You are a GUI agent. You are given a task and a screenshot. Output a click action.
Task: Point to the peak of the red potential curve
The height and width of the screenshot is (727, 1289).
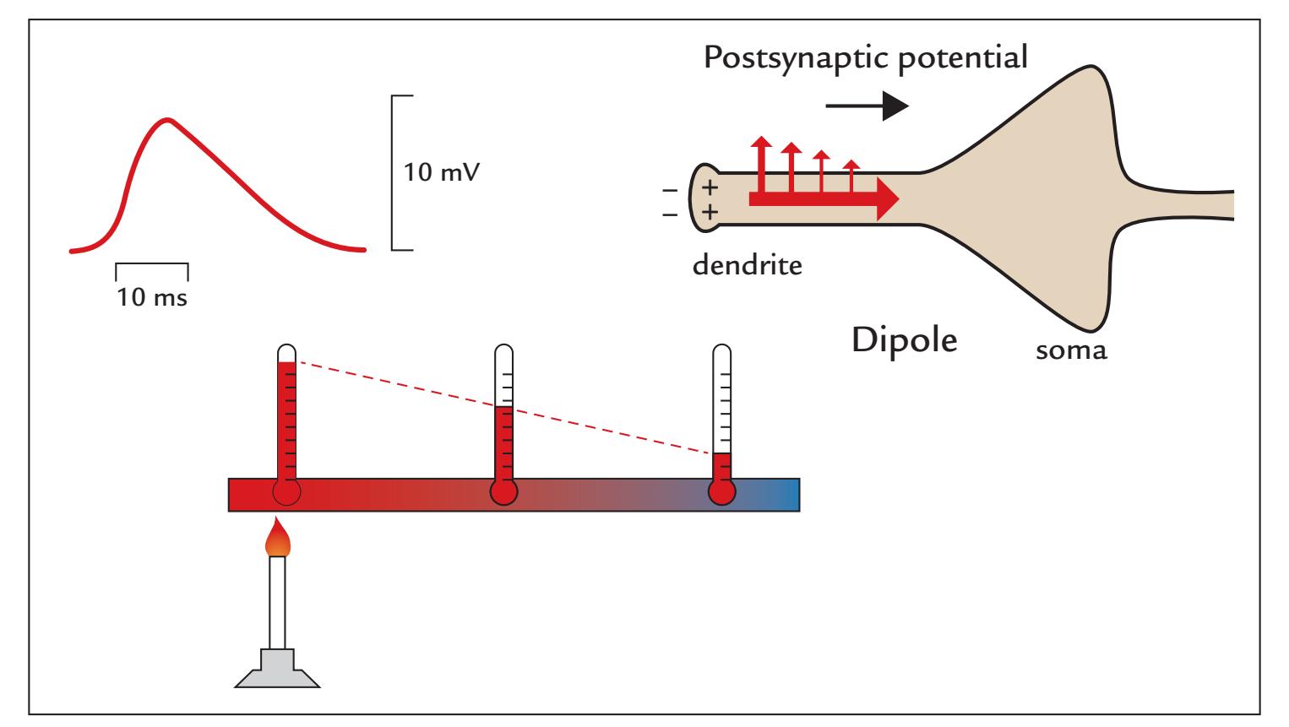point(168,119)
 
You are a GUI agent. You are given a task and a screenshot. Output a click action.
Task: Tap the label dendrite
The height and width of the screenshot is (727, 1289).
point(747,267)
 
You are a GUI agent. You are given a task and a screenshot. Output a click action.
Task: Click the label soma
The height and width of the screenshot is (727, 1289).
point(1072,350)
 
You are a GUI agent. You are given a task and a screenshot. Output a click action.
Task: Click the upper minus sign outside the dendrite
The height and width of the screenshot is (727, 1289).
point(672,189)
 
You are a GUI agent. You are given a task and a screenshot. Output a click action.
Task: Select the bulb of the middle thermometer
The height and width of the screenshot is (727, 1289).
point(504,492)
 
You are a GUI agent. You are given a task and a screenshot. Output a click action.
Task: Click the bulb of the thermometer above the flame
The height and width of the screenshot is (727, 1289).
point(286,492)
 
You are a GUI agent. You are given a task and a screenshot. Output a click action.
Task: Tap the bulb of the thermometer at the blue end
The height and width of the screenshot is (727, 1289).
point(721,492)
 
